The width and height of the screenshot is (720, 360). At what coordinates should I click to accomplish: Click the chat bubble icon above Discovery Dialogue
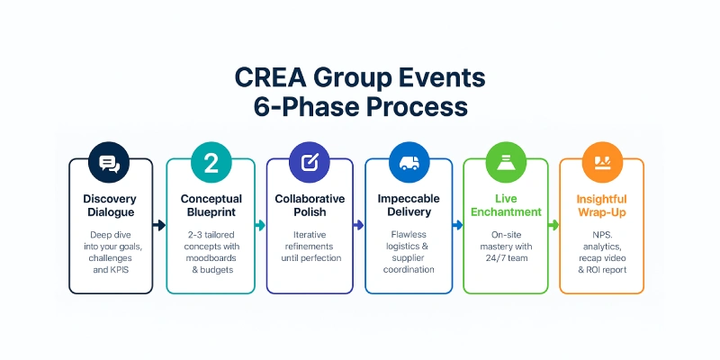coord(109,163)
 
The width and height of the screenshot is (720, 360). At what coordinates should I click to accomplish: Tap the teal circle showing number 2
coord(211,163)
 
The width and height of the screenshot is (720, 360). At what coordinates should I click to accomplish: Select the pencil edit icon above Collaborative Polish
coord(309,163)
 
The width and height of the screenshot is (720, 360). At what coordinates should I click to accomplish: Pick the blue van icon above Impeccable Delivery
coord(407,163)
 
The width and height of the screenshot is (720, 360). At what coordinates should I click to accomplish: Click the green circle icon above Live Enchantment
coord(505,163)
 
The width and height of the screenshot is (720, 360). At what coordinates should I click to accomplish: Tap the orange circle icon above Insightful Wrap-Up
coord(601,163)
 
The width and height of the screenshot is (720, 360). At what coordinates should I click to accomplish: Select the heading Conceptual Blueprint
coord(211,205)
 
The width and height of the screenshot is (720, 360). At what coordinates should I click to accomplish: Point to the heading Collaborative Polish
coord(309,205)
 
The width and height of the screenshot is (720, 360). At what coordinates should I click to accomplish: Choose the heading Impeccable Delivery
coord(407,205)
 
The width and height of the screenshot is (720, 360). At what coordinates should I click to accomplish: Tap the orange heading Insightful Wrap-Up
coord(601,205)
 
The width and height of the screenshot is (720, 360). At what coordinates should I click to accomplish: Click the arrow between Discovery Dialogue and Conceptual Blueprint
coord(159,225)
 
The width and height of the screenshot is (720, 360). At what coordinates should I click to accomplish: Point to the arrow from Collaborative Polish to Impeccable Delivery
coord(358,225)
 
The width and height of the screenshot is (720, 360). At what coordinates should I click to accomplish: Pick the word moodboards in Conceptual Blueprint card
coord(211,256)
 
